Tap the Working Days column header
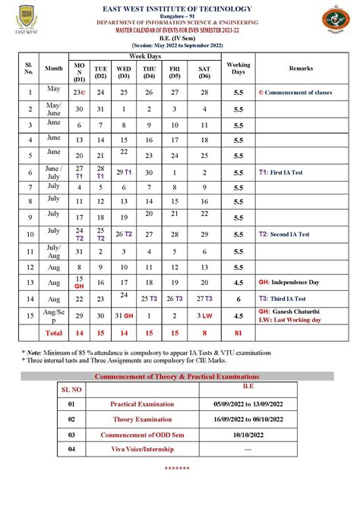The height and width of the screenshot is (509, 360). (x=238, y=68)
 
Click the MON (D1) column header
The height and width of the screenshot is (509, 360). (x=79, y=72)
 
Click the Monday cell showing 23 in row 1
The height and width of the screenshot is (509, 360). (x=79, y=92)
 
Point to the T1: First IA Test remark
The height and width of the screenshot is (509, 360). (x=280, y=172)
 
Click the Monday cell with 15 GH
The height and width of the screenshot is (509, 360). (x=79, y=283)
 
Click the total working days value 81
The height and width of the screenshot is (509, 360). (x=238, y=333)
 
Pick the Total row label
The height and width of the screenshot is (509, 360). (x=54, y=333)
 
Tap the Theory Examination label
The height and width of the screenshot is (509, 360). (x=132, y=419)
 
